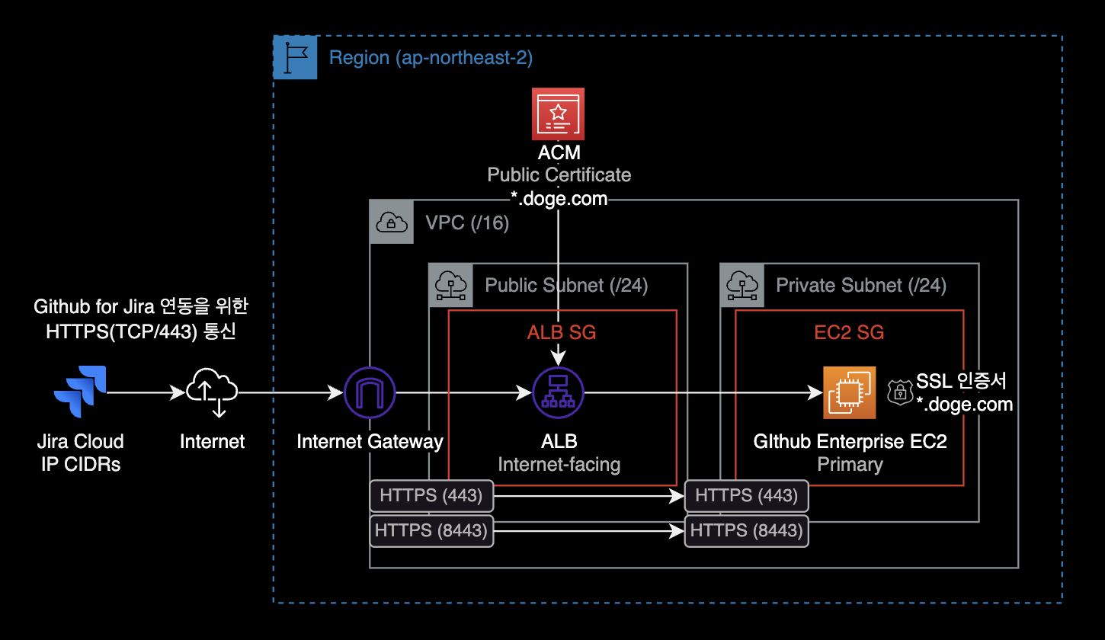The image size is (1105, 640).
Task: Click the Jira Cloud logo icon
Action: pyautogui.click(x=80, y=392)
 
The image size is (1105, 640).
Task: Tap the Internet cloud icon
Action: pyautogui.click(x=212, y=392)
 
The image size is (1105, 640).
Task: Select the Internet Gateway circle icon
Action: pyautogui.click(x=370, y=393)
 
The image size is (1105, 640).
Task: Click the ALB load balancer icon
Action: pyautogui.click(x=558, y=393)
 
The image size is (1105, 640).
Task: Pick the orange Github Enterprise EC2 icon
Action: pyautogui.click(x=849, y=393)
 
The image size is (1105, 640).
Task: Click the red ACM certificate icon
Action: pyautogui.click(x=558, y=114)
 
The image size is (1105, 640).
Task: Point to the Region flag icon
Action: pyautogui.click(x=295, y=57)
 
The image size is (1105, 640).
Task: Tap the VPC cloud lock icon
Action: pyautogui.click(x=392, y=222)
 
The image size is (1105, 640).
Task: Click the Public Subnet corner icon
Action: pyautogui.click(x=450, y=285)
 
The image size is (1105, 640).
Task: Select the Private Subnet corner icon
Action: pyautogui.click(x=741, y=285)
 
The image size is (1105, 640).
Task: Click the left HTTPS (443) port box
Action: pyautogui.click(x=431, y=496)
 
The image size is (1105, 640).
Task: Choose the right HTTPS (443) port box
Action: pyautogui.click(x=747, y=496)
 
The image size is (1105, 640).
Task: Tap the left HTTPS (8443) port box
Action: pyautogui.click(x=431, y=530)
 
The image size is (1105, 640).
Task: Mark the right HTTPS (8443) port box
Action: pyautogui.click(x=747, y=530)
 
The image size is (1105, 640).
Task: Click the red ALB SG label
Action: pyautogui.click(x=562, y=332)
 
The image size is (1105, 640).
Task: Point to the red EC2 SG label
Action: pyautogui.click(x=850, y=332)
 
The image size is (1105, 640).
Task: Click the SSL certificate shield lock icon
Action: pyautogui.click(x=900, y=392)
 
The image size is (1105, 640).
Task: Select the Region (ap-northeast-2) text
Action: pyautogui.click(x=431, y=57)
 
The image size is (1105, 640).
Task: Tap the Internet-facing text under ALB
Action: pyautogui.click(x=559, y=464)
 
